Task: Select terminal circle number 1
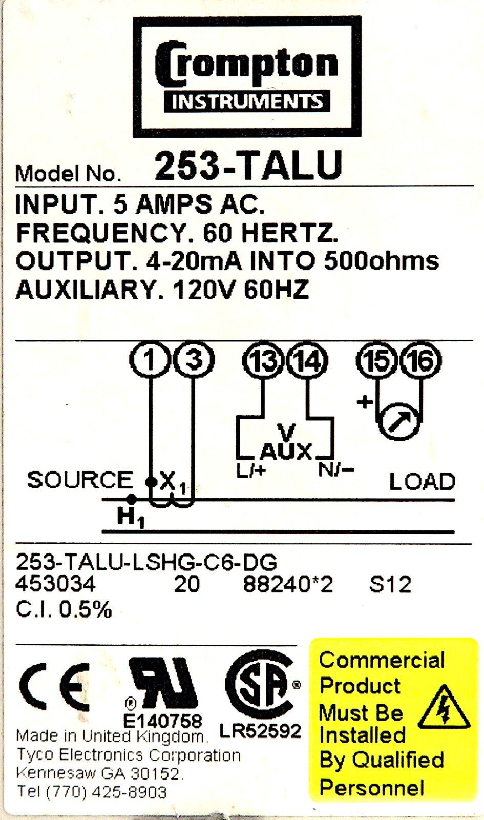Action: coord(149,360)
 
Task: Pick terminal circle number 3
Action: coord(194,360)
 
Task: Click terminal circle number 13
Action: coord(263,361)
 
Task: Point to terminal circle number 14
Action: coord(307,361)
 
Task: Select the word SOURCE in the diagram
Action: coord(80,480)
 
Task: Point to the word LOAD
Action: coord(422,482)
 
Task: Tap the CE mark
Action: coord(54,686)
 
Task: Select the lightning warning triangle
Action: coord(443,708)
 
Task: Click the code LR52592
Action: coord(260,731)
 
